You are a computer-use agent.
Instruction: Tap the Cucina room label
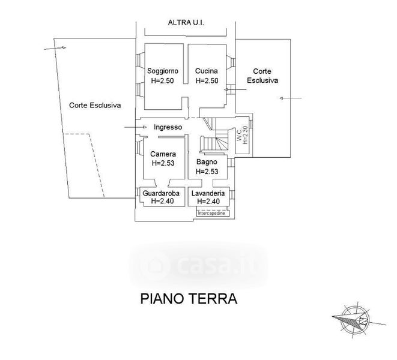coord(205,71)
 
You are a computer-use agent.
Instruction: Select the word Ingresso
coord(168,127)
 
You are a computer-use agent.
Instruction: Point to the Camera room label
coord(163,154)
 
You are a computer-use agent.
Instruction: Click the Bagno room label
coord(207,163)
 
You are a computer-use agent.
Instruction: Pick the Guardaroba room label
coord(162,193)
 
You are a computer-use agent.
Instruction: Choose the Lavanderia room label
coord(208,193)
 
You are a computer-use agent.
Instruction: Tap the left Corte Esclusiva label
coord(95,104)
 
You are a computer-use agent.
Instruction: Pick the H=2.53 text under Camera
coord(163,163)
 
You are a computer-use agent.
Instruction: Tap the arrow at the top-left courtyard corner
coord(49,47)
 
